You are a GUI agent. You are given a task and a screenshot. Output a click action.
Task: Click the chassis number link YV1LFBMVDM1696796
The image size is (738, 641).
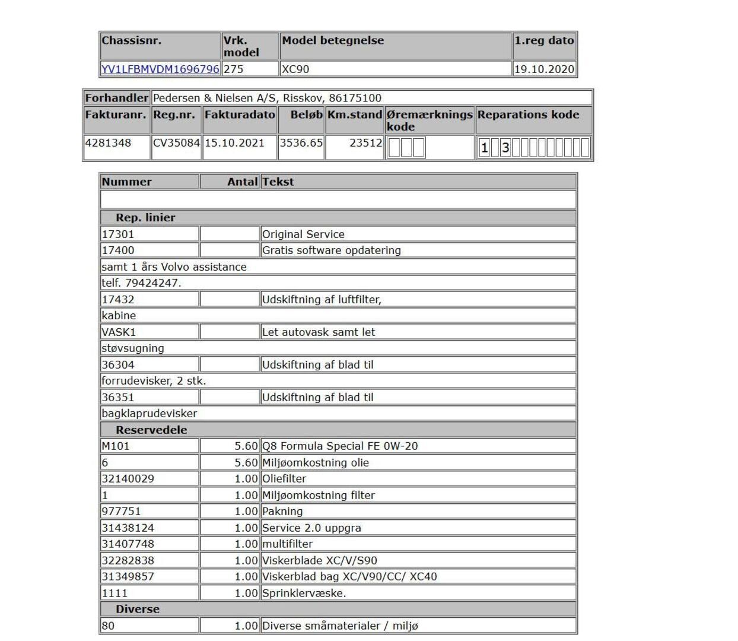pyautogui.click(x=160, y=69)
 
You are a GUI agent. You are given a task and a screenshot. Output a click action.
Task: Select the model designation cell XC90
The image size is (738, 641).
pyautogui.click(x=295, y=69)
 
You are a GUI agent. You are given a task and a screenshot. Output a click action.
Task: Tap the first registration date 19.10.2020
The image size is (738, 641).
pyautogui.click(x=544, y=69)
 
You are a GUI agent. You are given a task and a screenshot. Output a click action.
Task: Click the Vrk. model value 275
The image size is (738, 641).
pyautogui.click(x=234, y=69)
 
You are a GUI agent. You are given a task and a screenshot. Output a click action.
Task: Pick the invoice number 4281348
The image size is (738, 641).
pyautogui.click(x=108, y=142)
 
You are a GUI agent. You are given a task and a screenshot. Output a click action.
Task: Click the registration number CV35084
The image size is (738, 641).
pyautogui.click(x=177, y=142)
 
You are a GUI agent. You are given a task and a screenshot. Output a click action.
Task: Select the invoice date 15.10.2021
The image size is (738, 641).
pyautogui.click(x=234, y=142)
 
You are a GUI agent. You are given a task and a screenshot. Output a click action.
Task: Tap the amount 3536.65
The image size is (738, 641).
pyautogui.click(x=301, y=142)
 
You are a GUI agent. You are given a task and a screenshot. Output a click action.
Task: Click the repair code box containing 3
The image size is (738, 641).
pyautogui.click(x=505, y=148)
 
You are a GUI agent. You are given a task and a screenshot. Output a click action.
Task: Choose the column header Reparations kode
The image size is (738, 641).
pyautogui.click(x=528, y=115)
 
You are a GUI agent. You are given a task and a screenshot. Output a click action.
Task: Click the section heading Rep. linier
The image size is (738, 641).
pyautogui.click(x=145, y=217)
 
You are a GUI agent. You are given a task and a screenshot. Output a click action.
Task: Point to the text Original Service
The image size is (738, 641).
pyautogui.click(x=303, y=234)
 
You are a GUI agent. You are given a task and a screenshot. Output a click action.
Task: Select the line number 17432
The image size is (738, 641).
pyautogui.click(x=118, y=299)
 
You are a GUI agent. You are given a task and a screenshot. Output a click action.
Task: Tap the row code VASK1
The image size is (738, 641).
pyautogui.click(x=119, y=332)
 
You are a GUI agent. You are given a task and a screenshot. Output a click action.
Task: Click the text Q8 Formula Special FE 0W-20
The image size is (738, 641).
pyautogui.click(x=340, y=446)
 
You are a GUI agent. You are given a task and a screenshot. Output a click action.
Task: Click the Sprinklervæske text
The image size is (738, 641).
pyautogui.click(x=304, y=593)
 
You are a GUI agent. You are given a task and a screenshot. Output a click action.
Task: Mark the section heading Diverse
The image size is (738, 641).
pyautogui.click(x=138, y=609)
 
